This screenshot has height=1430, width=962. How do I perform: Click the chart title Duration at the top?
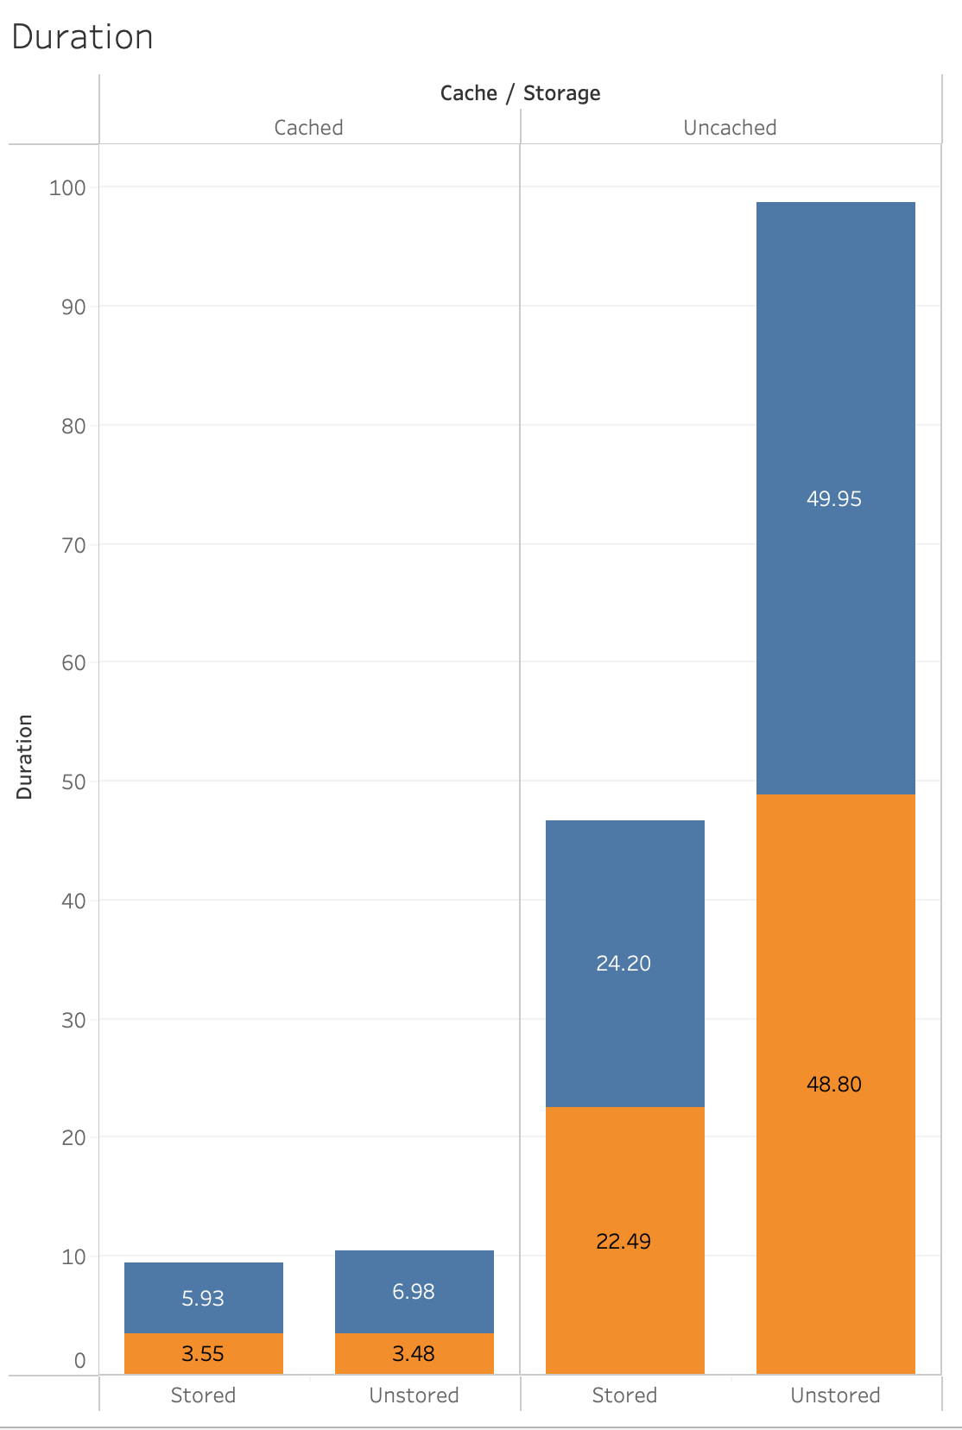[83, 37]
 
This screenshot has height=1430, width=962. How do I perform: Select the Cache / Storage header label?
[520, 93]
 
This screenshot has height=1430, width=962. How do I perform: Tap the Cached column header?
[308, 128]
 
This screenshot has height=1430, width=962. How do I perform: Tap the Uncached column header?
[730, 128]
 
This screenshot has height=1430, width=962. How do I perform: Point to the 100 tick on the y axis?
[67, 188]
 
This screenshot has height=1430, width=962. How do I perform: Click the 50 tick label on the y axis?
[73, 782]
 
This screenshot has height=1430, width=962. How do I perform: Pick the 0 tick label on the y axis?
[79, 1362]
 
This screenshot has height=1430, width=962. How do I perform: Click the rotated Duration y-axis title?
[24, 756]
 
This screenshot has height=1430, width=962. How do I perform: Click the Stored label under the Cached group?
[203, 1395]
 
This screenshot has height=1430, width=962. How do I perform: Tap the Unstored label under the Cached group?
[414, 1395]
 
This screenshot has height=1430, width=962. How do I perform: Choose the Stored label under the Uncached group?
[624, 1395]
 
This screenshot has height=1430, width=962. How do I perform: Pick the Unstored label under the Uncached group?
[835, 1395]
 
